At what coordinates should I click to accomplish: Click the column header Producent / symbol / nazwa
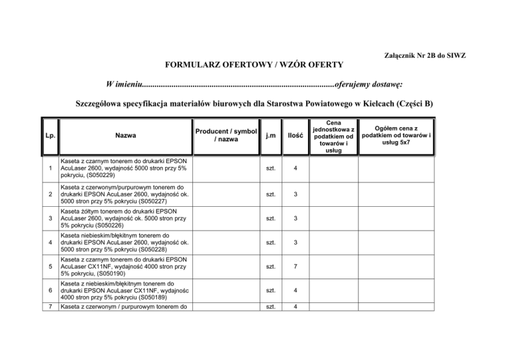tap(217, 135)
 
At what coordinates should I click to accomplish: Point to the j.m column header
tap(266, 135)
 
